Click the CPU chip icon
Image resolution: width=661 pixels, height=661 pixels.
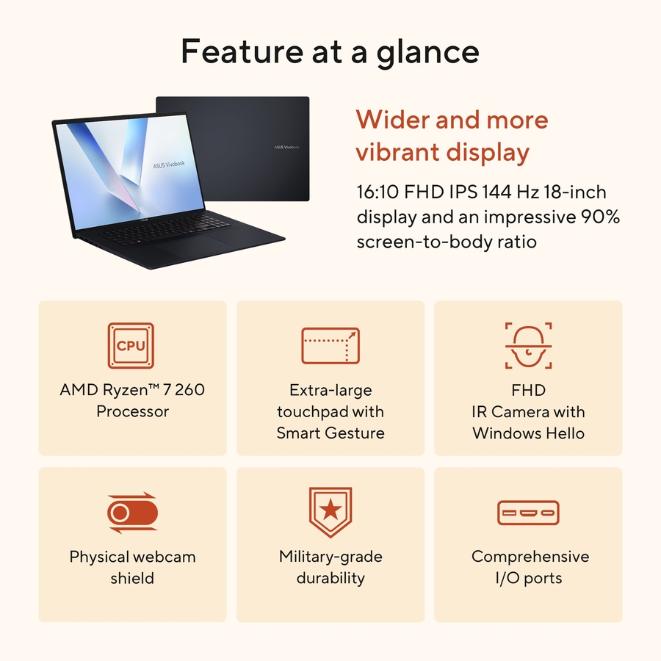coord(131,345)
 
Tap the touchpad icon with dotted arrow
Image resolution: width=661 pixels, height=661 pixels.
coord(330,345)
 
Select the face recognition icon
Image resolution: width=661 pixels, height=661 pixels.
coord(529,345)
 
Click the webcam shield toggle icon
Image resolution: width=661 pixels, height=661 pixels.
coord(132,512)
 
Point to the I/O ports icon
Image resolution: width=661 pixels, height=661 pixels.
coord(529,512)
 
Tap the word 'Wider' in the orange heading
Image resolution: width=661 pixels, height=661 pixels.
coord(390,119)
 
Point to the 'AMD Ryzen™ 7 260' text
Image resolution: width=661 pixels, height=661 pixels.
coord(132,389)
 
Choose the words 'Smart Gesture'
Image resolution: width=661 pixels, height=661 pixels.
coord(330,433)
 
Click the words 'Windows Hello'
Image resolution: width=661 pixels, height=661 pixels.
coord(529,433)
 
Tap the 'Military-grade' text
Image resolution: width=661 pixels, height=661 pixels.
coord(330,556)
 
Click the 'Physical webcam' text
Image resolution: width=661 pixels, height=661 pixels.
coord(132,556)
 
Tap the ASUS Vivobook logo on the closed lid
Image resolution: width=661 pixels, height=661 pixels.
coord(286,147)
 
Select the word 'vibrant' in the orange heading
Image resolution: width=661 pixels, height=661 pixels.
coord(401,152)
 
